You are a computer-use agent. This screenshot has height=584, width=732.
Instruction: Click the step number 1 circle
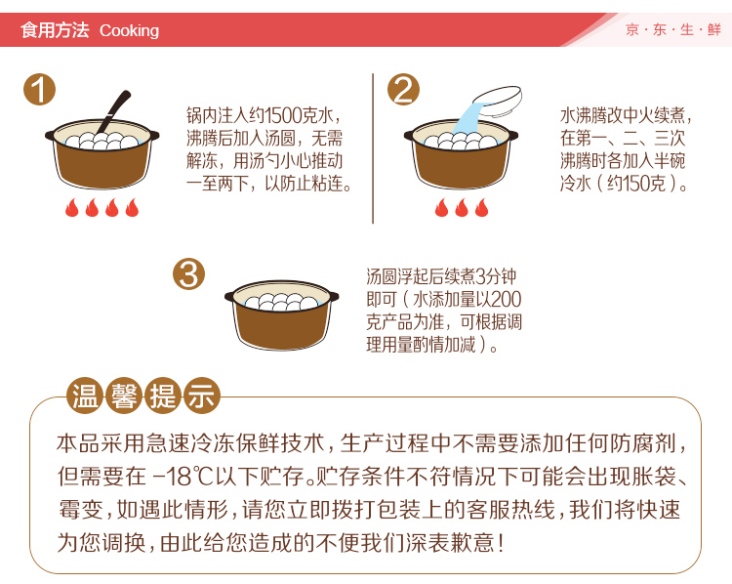point(40,89)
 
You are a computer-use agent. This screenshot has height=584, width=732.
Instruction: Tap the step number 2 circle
point(403,89)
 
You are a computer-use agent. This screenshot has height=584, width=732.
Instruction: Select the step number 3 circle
point(189,273)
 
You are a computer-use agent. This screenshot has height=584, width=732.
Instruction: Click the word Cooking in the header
point(129,31)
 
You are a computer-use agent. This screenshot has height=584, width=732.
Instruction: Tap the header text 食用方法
point(55,30)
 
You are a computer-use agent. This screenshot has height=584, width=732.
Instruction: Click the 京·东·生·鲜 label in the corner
point(673,30)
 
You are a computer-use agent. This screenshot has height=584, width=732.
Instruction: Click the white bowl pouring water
point(497,101)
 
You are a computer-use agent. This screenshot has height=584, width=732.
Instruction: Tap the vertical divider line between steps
point(373,148)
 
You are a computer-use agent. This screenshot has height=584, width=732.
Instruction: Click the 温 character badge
point(85,396)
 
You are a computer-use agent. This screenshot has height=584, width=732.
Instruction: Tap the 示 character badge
point(202,396)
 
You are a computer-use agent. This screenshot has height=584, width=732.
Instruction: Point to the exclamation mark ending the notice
point(501,543)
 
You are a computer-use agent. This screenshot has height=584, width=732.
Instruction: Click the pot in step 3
point(282,314)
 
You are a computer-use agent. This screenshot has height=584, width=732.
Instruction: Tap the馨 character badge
point(124,396)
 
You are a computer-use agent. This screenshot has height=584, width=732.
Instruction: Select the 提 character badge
point(163,396)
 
